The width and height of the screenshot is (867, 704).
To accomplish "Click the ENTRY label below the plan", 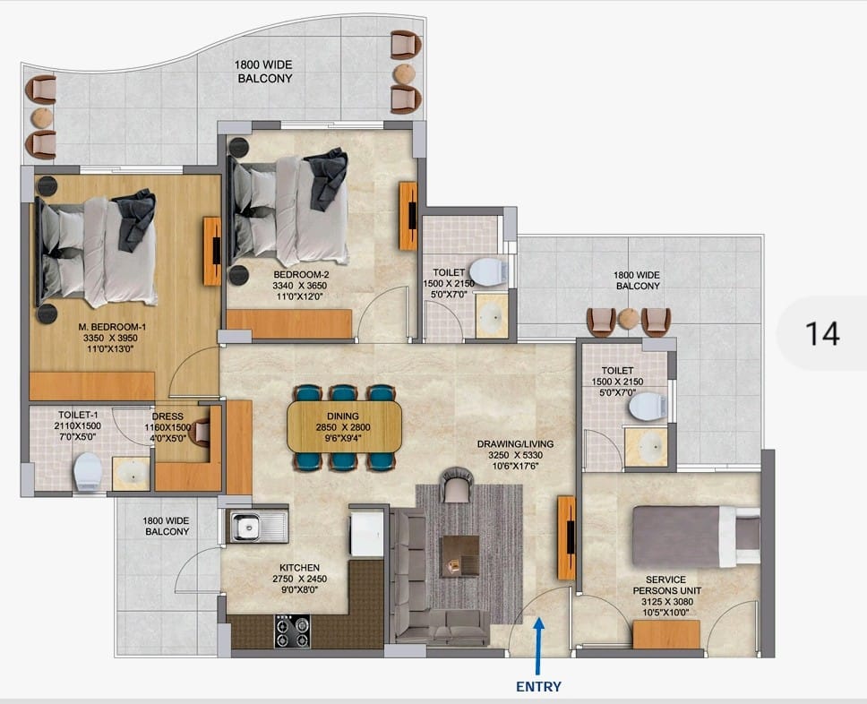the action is (538, 686).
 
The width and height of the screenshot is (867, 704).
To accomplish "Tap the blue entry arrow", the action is (539, 646).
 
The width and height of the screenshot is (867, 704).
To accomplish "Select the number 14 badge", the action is (822, 333).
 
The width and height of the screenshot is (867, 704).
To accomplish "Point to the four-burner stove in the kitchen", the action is (292, 631).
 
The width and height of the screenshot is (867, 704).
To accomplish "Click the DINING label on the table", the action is (343, 416).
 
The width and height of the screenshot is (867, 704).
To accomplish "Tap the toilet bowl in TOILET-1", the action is (88, 472).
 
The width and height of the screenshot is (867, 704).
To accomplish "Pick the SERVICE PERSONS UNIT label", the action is (665, 585).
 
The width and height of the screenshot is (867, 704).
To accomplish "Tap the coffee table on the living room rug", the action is (459, 556).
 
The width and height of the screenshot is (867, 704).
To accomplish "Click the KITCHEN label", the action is (299, 568).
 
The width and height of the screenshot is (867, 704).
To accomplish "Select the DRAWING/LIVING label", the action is (515, 444).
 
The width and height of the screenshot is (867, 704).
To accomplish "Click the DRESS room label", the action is (167, 416).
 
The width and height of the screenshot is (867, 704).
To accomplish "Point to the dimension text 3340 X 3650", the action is (299, 286).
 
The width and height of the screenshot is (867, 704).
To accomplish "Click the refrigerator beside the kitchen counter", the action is (366, 532).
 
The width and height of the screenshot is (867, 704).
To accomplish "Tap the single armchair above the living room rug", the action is (457, 485).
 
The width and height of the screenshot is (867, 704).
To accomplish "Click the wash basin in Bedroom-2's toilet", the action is (491, 316).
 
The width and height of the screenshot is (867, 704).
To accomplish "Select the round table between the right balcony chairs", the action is (629, 319).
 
